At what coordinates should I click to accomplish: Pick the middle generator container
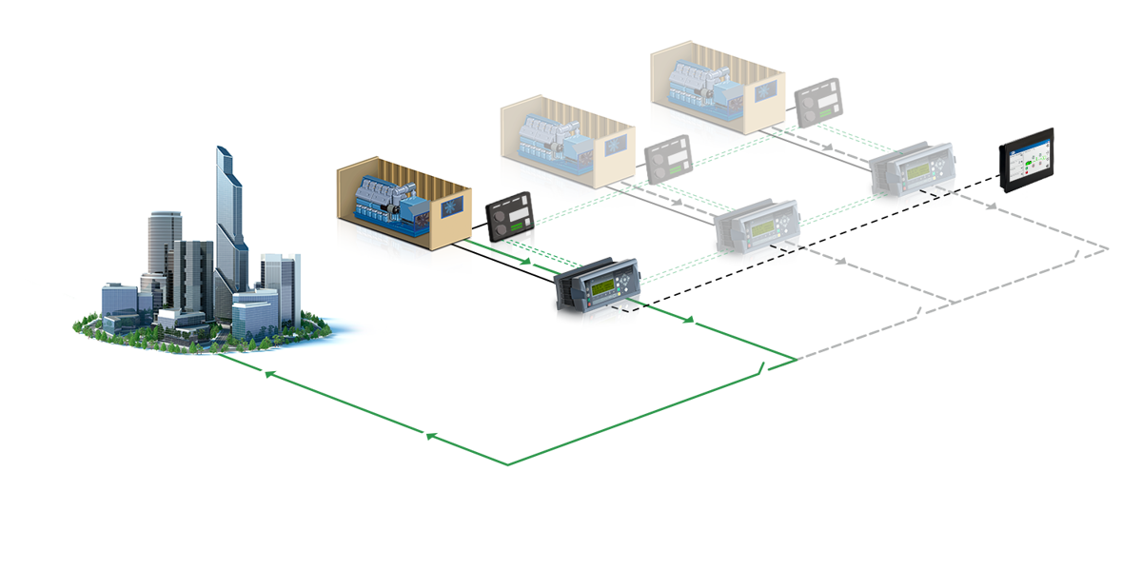tap(565, 133)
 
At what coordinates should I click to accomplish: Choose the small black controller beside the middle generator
tap(668, 158)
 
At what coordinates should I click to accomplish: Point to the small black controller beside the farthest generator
tap(817, 99)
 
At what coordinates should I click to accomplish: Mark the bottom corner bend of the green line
tap(507, 465)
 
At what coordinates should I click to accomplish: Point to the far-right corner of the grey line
tap(1108, 249)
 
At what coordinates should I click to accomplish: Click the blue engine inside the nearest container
tap(385, 204)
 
